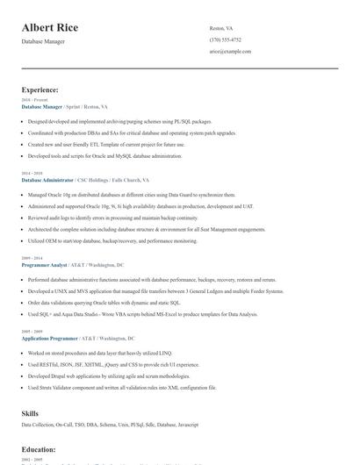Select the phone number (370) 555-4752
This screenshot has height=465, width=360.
coord(226,39)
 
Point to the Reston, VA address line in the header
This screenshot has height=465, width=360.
coord(222,28)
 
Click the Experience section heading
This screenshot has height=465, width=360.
coord(40,89)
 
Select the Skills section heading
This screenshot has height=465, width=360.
coord(30,411)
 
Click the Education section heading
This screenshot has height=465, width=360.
coord(39,449)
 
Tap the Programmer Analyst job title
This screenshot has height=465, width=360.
coord(44,264)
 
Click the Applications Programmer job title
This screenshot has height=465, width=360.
coord(49,338)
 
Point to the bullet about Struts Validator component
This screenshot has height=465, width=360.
coord(122,386)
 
